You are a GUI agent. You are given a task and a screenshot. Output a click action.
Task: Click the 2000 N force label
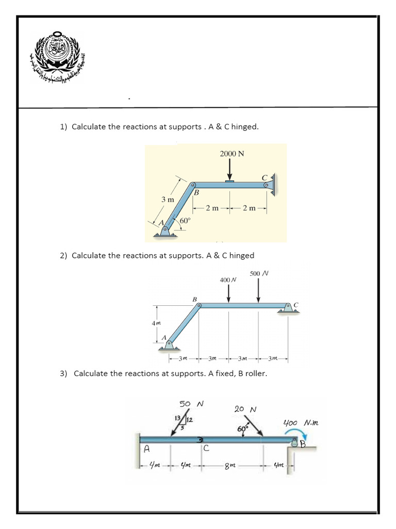(x=232, y=153)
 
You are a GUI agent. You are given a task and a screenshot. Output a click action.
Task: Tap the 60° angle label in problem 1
(x=185, y=221)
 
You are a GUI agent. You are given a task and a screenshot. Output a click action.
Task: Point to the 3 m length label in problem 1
(x=167, y=199)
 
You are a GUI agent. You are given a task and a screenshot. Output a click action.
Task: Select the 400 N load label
(x=227, y=279)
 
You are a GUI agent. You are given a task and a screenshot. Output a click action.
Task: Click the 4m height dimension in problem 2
(x=155, y=323)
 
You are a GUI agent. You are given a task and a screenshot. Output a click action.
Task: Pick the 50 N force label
(x=191, y=403)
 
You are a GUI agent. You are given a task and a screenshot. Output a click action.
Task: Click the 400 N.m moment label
(x=301, y=423)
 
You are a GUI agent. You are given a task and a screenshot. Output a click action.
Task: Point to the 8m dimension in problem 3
(x=229, y=465)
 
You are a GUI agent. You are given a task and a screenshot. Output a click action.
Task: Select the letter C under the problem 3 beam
(x=206, y=448)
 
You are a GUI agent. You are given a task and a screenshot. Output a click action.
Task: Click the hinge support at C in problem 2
(x=288, y=308)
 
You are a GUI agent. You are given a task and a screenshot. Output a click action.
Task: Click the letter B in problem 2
(x=194, y=299)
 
